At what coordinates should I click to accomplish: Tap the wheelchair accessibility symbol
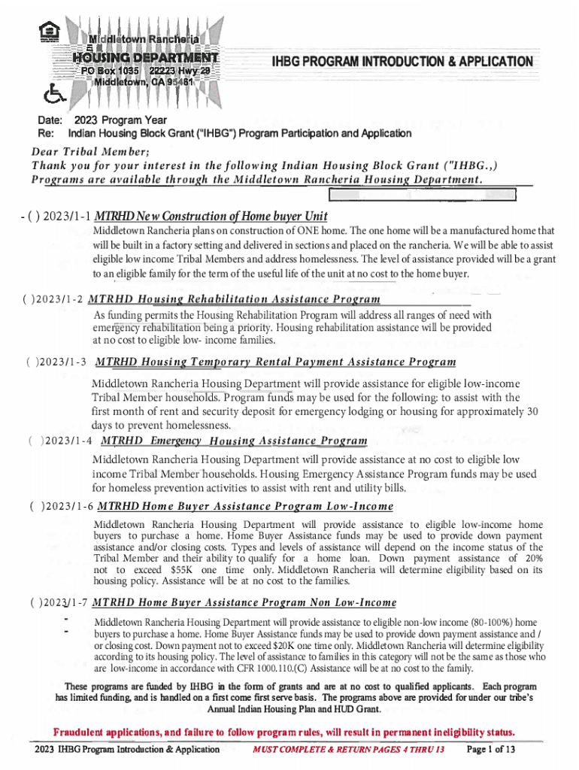coord(52,92)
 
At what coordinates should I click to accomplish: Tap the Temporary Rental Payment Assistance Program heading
coord(275,362)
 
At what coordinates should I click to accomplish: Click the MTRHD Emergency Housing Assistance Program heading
coord(234,441)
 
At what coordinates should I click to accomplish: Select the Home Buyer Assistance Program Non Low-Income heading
coord(244,603)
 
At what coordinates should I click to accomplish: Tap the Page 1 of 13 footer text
coord(490,750)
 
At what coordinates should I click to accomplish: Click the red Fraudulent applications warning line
coord(284,732)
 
